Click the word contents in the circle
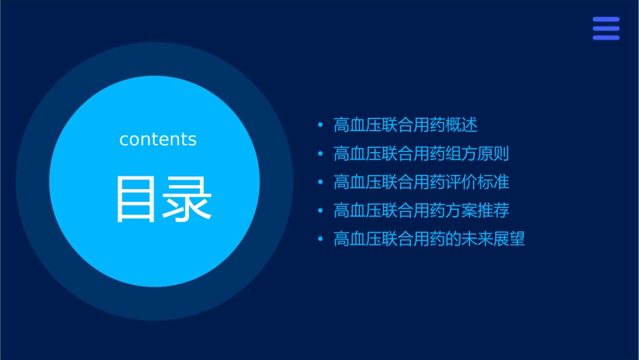point(158,139)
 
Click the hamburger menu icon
point(606,28)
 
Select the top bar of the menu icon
point(606,20)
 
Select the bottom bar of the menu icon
point(606,38)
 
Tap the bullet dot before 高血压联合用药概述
point(320,126)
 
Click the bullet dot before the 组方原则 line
point(320,154)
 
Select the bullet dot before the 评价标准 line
point(320,182)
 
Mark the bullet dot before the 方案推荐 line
point(320,211)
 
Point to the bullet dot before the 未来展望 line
point(320,239)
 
